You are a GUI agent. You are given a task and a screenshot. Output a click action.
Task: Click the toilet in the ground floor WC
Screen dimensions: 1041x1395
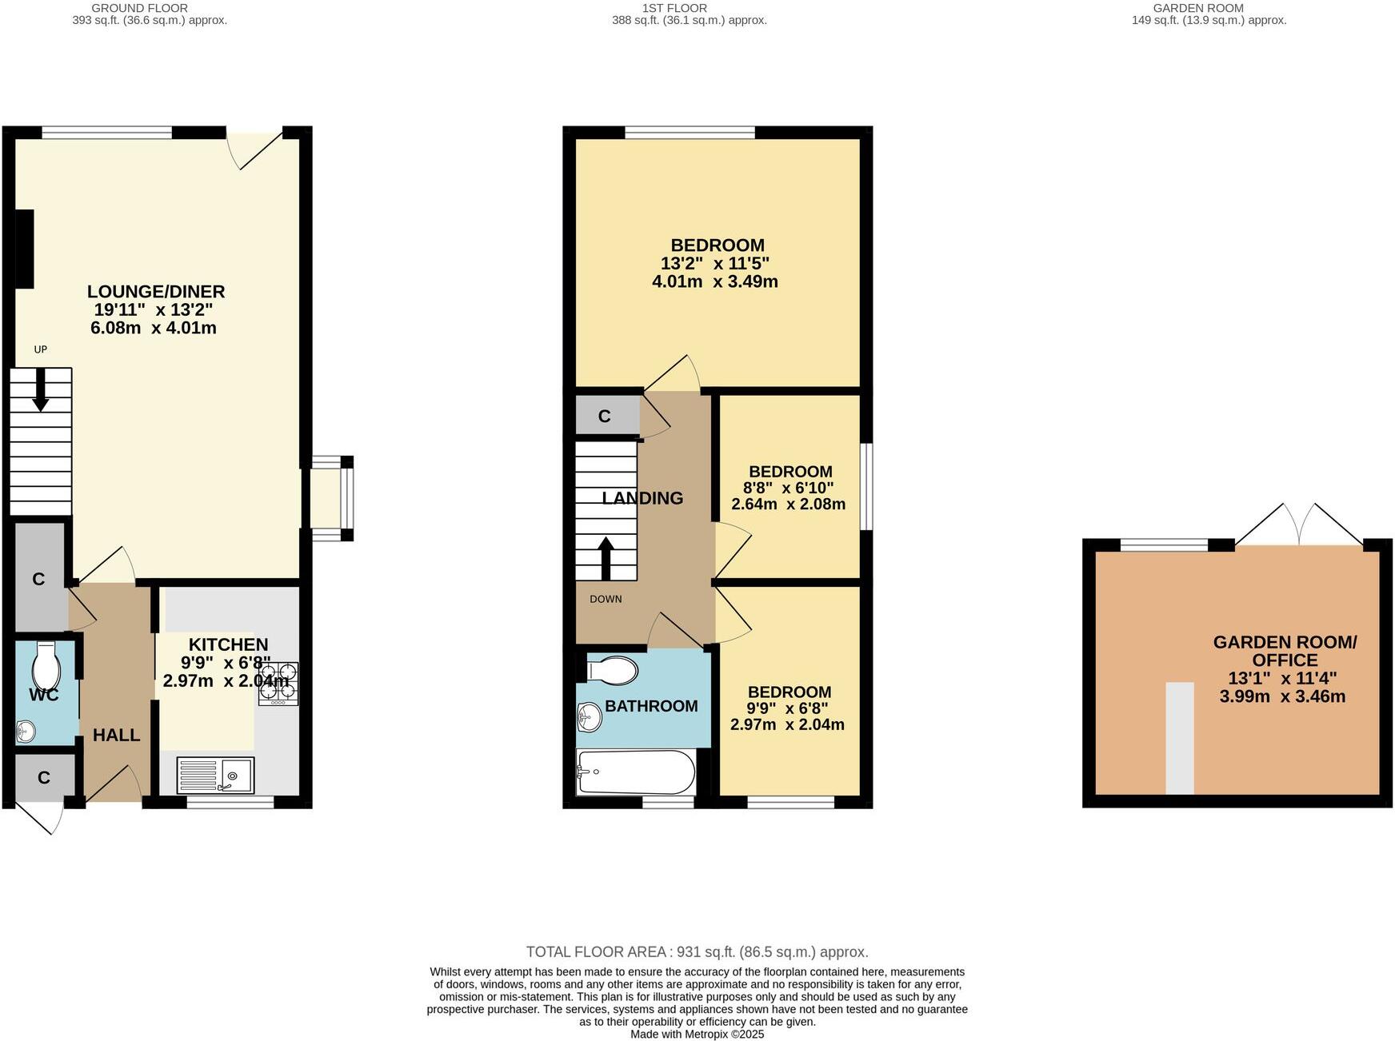(46, 663)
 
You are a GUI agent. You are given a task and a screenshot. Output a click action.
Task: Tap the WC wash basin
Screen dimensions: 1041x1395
(26, 730)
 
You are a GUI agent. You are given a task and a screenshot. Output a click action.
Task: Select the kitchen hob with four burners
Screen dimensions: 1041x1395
(278, 684)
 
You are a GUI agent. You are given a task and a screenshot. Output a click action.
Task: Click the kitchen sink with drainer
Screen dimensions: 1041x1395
(215, 775)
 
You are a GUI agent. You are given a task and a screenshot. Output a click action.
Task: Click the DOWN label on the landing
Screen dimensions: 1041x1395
(606, 599)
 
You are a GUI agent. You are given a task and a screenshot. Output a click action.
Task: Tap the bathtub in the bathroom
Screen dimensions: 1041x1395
(636, 772)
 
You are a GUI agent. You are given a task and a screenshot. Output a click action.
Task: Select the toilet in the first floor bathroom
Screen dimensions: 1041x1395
(613, 670)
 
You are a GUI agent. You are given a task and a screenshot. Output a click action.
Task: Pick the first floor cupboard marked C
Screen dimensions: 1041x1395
(606, 416)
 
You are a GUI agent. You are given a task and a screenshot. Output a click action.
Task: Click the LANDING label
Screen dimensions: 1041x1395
(642, 498)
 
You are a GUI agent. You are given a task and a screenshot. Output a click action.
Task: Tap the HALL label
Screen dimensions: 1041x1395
(116, 735)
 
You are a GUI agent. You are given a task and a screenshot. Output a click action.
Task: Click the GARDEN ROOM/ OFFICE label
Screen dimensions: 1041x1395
(1285, 651)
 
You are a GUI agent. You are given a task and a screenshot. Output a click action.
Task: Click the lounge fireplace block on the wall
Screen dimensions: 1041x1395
(25, 249)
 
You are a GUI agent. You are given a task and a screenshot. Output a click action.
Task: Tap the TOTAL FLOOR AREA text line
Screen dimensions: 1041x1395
(697, 951)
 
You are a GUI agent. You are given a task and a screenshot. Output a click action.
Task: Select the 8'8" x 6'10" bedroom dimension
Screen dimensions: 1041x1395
(788, 488)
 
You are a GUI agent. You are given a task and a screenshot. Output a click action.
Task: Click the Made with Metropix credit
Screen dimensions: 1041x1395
(697, 1034)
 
